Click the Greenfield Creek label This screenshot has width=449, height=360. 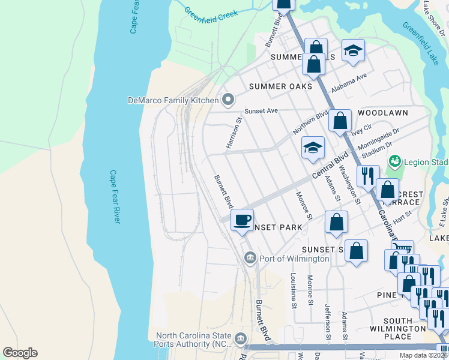point(211,13)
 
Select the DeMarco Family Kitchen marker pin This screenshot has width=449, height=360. point(228,100)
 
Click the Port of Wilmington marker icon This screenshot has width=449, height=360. point(250,258)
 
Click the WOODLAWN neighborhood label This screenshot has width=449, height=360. point(382,113)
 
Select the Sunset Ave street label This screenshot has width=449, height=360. point(261,111)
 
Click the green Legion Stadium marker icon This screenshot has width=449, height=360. point(394,161)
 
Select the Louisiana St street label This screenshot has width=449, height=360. point(293,287)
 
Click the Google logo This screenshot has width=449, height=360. point(20,353)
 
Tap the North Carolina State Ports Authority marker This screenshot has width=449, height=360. point(241,340)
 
